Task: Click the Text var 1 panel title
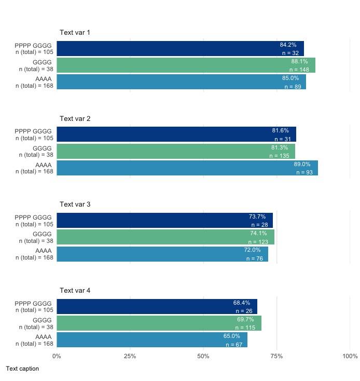pyautogui.click(x=75, y=33)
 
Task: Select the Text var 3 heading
pyautogui.click(x=75, y=205)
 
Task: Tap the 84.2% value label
pyautogui.click(x=288, y=45)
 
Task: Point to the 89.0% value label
pyautogui.click(x=302, y=164)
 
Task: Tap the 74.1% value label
pyautogui.click(x=258, y=234)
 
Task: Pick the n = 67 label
pyautogui.click(x=234, y=345)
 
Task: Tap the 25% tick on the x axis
pyautogui.click(x=130, y=356)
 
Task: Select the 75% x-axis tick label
pyautogui.click(x=276, y=356)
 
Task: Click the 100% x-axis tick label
pyautogui.click(x=350, y=356)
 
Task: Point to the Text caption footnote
pyautogui.click(x=22, y=369)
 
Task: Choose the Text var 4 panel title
pyautogui.click(x=75, y=290)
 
